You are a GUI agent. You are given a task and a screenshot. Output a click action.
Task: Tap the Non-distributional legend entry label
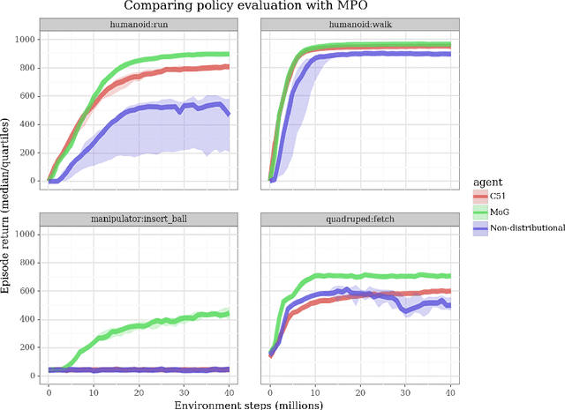[529, 227]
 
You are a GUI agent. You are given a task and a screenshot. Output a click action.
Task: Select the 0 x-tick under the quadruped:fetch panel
[269, 389]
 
